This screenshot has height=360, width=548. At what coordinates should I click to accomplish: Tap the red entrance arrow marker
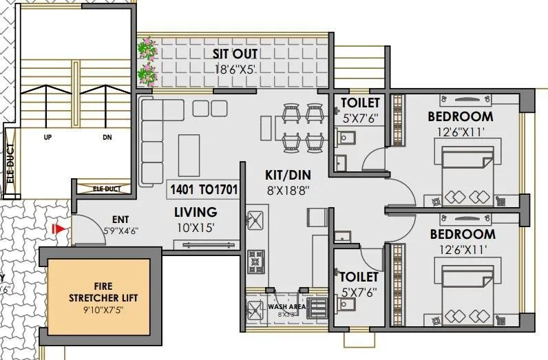(60, 228)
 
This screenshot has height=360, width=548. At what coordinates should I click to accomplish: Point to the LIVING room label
(196, 212)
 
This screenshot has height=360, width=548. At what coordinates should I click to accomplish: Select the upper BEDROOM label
(460, 116)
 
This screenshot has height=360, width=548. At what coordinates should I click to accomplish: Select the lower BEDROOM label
(460, 235)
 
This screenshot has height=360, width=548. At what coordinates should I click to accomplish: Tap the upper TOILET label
(360, 103)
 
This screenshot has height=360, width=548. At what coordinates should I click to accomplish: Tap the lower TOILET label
(359, 277)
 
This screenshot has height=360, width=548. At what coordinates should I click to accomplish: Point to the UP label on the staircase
(48, 138)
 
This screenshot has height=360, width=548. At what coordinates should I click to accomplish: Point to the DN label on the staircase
(107, 138)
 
